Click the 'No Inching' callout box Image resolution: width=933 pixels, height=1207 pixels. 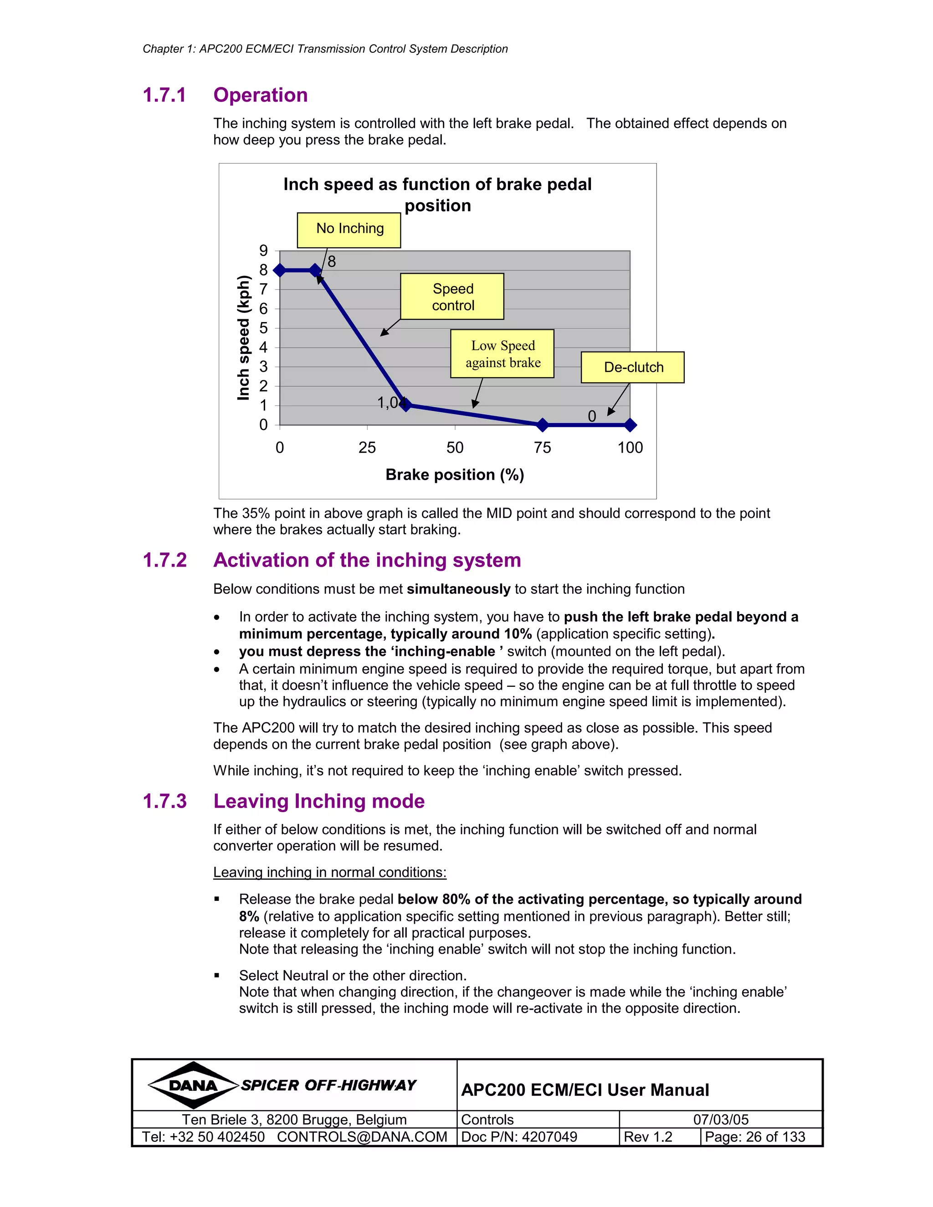click(x=349, y=230)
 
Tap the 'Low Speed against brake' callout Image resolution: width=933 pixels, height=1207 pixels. click(x=502, y=354)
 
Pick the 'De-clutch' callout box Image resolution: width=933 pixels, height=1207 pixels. click(x=632, y=367)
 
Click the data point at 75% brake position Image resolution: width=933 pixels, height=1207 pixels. click(x=542, y=424)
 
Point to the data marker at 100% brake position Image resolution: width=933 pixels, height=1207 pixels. click(x=630, y=424)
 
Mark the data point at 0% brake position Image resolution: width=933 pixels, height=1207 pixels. click(x=280, y=270)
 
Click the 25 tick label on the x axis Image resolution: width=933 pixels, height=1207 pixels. click(x=367, y=448)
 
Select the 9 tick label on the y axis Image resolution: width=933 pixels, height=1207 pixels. click(x=264, y=251)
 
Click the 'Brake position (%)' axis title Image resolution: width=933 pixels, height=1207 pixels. click(x=454, y=475)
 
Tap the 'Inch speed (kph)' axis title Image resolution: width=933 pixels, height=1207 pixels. click(x=243, y=337)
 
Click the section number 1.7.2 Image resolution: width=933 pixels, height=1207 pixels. click(x=165, y=560)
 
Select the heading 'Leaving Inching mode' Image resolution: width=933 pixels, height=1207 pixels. click(x=319, y=801)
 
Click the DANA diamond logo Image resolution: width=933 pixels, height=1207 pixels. click(x=193, y=1085)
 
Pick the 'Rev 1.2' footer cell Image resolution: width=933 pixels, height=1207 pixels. click(x=648, y=1137)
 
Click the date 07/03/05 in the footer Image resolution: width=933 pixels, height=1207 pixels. click(x=721, y=1120)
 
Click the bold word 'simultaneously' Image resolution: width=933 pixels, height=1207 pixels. click(x=458, y=589)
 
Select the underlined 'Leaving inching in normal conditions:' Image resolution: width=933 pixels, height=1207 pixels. click(x=329, y=872)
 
